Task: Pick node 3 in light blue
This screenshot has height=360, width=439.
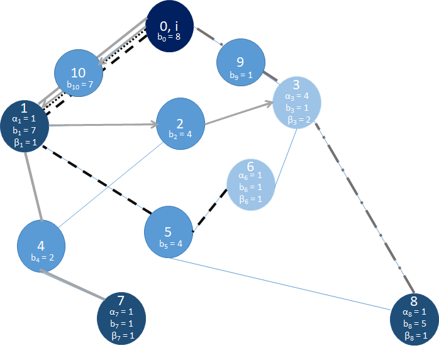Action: (297, 101)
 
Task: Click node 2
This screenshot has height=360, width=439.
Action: (180, 123)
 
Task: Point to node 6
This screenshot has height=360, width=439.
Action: (250, 183)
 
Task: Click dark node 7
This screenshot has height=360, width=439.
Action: (121, 317)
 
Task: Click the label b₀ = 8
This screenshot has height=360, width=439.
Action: (169, 37)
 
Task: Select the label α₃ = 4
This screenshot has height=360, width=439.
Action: (297, 97)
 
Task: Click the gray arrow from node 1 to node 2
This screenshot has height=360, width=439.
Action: (101, 125)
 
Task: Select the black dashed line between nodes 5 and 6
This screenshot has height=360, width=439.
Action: (210, 206)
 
